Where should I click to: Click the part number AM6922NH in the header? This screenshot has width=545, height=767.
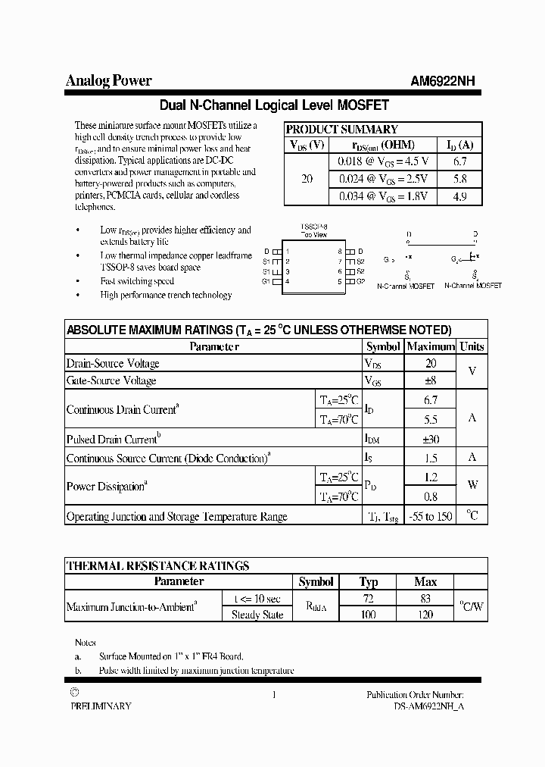click(443, 82)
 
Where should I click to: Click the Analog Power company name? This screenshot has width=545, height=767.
click(109, 81)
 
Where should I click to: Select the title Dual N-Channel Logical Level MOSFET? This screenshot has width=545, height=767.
click(274, 105)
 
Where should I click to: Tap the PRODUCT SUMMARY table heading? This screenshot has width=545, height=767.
click(341, 130)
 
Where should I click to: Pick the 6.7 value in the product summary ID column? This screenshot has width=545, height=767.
click(459, 161)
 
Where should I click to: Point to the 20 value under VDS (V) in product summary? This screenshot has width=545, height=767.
click(307, 179)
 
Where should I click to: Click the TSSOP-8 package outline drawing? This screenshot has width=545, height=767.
click(313, 266)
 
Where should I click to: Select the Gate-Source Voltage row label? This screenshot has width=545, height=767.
click(111, 380)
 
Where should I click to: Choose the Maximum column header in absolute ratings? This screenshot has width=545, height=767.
click(431, 346)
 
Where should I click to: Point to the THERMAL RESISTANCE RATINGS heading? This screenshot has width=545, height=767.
click(157, 566)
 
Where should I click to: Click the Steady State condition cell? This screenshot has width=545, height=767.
click(257, 615)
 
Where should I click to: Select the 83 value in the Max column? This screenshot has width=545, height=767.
click(425, 599)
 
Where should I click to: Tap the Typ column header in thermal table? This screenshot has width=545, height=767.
click(369, 582)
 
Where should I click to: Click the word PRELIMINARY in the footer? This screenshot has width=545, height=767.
click(101, 706)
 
